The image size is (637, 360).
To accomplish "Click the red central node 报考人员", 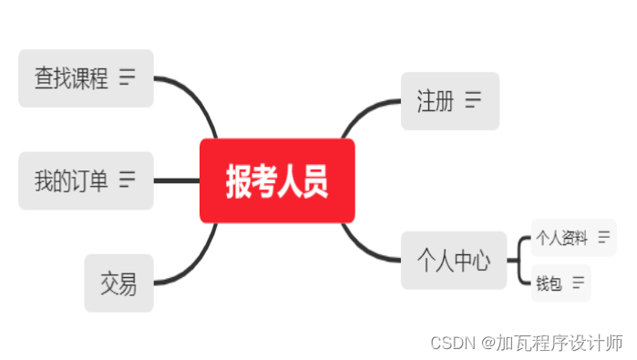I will pyautogui.click(x=277, y=180).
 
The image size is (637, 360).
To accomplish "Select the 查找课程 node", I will pyautogui.click(x=71, y=78).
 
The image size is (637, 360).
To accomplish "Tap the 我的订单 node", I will pyautogui.click(x=71, y=180).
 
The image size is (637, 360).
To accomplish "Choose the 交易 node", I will pyautogui.click(x=118, y=283).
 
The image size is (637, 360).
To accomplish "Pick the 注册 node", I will pyautogui.click(x=436, y=100).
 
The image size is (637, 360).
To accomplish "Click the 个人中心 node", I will pyautogui.click(x=454, y=261).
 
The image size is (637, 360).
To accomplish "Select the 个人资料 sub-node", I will pyautogui.click(x=561, y=239).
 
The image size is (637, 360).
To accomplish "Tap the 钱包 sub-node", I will pyautogui.click(x=550, y=283).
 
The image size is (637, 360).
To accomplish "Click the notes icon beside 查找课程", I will pyautogui.click(x=127, y=77).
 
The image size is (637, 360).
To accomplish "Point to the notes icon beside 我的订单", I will pyautogui.click(x=127, y=180).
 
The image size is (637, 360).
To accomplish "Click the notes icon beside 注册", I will pyautogui.click(x=473, y=100).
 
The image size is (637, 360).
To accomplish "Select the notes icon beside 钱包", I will pyautogui.click(x=579, y=283).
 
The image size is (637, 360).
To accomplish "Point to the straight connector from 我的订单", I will pyautogui.click(x=176, y=180).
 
